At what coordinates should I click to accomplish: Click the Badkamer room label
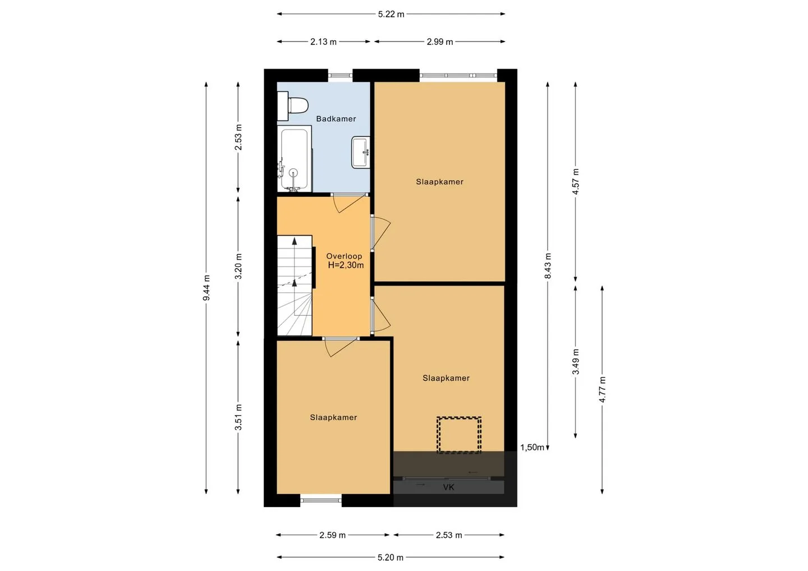336,118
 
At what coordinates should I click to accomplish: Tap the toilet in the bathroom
293,105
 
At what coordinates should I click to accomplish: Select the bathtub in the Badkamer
295,159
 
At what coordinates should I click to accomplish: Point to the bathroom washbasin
360,152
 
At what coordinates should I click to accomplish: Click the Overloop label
344,256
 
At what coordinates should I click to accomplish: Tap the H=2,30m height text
346,265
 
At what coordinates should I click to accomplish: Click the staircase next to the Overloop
295,285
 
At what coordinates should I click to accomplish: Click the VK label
448,487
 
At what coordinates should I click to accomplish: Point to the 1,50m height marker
532,448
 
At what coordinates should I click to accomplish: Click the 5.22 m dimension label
391,15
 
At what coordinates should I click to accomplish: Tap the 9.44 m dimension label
206,288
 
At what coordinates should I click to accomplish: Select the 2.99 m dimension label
440,42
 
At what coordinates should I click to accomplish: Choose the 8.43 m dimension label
548,266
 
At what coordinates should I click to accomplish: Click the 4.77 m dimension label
602,389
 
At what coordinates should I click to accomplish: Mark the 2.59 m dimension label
332,535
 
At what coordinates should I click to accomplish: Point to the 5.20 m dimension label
391,558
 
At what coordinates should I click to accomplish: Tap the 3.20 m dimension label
238,266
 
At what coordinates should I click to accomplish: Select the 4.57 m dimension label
575,182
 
